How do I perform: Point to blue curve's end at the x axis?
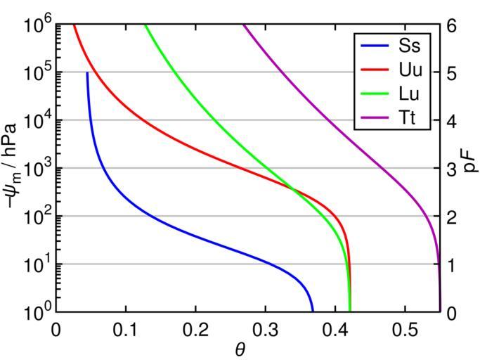pos(313,310)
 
